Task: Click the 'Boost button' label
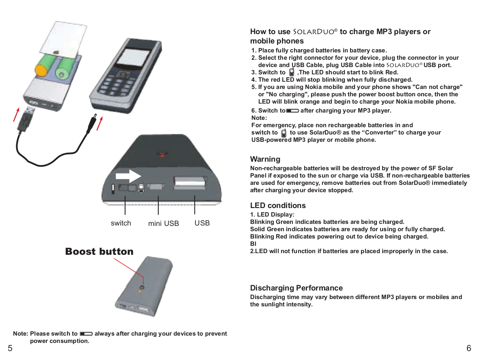point(99,252)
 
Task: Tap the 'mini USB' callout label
point(163,223)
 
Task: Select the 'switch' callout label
point(121,223)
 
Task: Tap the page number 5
point(10,348)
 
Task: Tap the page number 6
point(469,348)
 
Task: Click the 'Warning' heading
point(265,159)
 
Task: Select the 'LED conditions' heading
point(278,205)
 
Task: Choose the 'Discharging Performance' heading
point(296,288)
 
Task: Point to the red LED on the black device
point(162,155)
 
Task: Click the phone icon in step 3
point(291,72)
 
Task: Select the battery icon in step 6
point(292,111)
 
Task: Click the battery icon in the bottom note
point(86,334)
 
